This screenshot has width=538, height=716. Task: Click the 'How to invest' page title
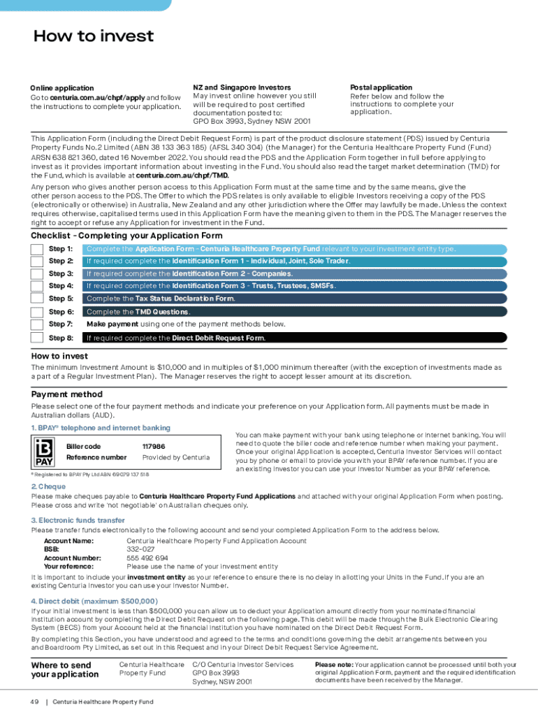click(94, 36)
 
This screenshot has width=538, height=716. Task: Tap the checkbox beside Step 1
click(37, 249)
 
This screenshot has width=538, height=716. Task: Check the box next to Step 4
click(37, 286)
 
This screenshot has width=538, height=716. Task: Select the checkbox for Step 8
click(37, 338)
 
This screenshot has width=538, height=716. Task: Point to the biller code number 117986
click(153, 446)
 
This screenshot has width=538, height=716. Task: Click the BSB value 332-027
click(140, 550)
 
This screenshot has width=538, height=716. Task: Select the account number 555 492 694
click(147, 558)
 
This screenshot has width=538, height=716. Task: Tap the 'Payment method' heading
click(67, 394)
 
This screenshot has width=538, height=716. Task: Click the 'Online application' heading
click(61, 88)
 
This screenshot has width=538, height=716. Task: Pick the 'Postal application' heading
click(381, 87)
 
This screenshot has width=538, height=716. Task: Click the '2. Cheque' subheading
click(48, 487)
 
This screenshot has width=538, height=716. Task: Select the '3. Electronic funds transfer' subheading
click(78, 520)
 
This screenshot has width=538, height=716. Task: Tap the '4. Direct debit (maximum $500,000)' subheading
click(94, 601)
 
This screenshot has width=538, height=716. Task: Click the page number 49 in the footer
click(34, 701)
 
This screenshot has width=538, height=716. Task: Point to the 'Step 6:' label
click(61, 312)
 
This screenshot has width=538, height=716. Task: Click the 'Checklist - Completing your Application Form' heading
click(126, 236)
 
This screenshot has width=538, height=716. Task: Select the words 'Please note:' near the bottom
click(334, 665)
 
